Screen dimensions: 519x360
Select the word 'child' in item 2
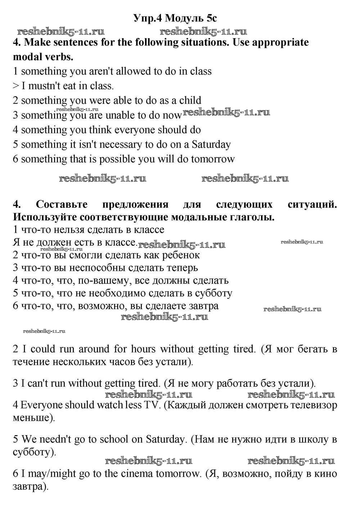coord(190,100)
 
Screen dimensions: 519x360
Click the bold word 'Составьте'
coord(62,205)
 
